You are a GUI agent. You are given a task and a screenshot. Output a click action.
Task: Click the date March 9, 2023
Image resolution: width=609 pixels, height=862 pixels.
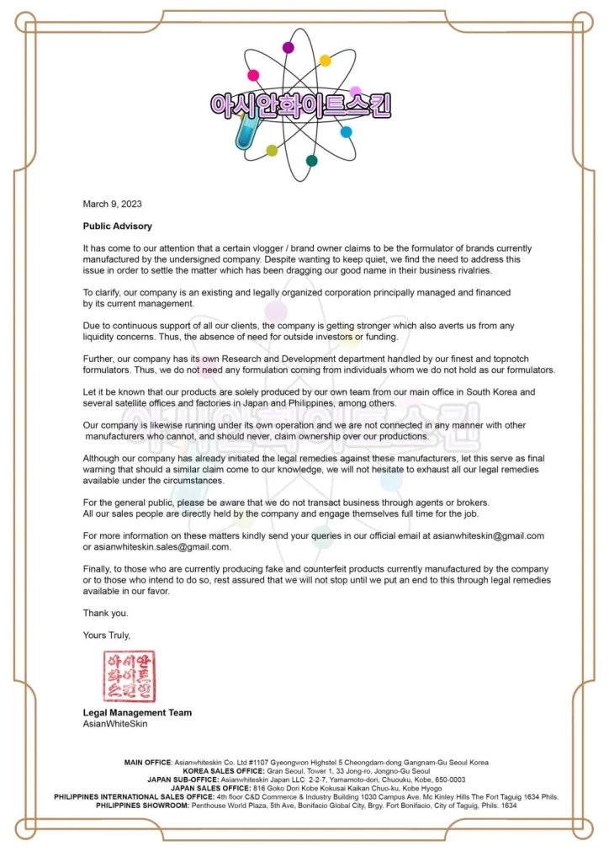(x=112, y=204)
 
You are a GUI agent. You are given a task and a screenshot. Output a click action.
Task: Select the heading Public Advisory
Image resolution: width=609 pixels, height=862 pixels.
(x=117, y=226)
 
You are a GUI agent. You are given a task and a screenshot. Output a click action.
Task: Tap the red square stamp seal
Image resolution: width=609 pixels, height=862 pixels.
(x=130, y=675)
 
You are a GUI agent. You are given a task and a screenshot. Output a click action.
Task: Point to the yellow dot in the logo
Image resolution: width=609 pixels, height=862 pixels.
(x=325, y=61)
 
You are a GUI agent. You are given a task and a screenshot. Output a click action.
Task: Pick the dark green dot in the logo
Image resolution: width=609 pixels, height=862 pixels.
(x=312, y=161)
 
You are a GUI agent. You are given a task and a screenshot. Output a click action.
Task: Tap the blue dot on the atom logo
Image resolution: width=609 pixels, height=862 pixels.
(x=346, y=132)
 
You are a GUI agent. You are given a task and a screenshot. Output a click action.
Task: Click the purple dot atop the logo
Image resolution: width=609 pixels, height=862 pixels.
(x=289, y=48)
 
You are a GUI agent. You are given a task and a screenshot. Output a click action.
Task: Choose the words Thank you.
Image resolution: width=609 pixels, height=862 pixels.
(x=105, y=613)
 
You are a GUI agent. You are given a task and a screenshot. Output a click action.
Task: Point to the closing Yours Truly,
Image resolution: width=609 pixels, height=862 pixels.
(x=107, y=635)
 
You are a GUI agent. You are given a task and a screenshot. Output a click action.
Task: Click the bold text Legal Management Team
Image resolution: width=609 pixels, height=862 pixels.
(x=137, y=712)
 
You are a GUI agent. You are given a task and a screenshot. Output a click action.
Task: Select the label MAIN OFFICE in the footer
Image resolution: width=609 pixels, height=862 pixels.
(x=148, y=763)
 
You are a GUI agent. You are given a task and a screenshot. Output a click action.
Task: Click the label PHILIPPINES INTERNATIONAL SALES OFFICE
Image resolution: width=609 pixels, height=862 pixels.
(x=134, y=796)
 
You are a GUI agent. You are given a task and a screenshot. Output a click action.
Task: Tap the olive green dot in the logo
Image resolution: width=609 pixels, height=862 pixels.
(x=272, y=151)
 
